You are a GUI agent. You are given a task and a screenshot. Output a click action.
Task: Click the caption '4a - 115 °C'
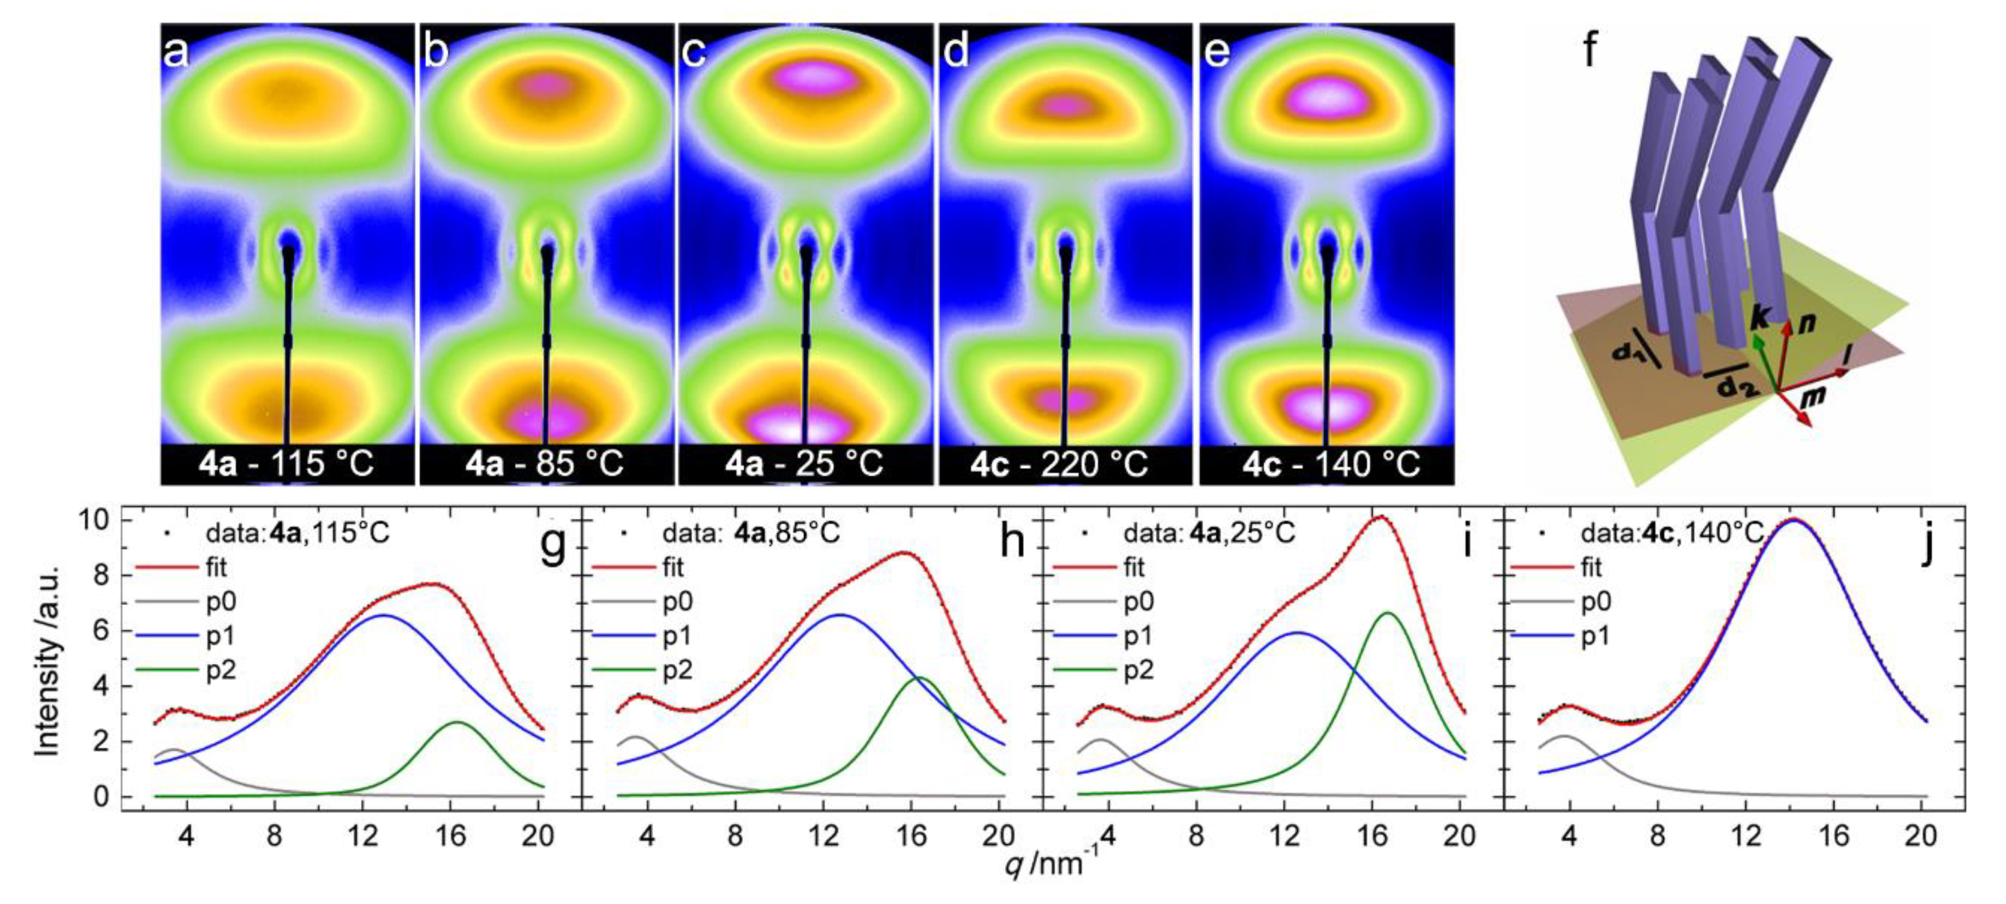(x=286, y=464)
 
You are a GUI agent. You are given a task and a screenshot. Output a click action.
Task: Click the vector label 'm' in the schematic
(x=1813, y=399)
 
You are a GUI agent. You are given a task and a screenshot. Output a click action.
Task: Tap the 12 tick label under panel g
(x=362, y=835)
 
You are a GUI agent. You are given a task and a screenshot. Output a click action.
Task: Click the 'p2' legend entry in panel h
(x=677, y=670)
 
